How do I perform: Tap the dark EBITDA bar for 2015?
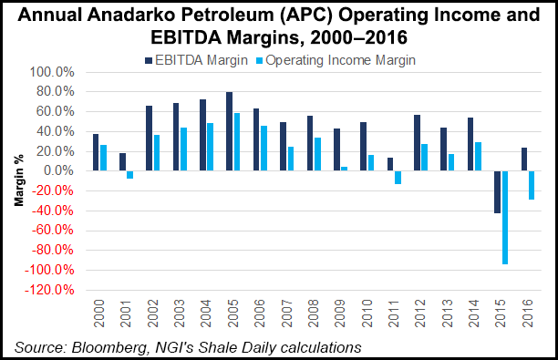[497, 192]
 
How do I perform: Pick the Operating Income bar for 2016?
[531, 185]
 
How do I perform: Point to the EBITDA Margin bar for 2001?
[123, 162]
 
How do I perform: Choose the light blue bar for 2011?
[398, 178]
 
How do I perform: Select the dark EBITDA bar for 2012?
[417, 143]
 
